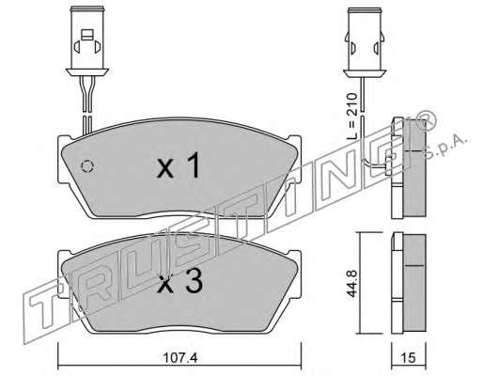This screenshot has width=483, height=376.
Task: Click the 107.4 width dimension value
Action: tap(180, 358)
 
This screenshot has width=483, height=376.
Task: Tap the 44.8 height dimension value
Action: tap(352, 284)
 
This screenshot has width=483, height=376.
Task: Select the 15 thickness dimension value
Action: tap(408, 358)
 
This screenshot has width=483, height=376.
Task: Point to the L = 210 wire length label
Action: tap(352, 116)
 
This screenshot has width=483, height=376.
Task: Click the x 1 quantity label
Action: tap(179, 165)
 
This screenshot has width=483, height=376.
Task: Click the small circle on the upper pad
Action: tap(87, 166)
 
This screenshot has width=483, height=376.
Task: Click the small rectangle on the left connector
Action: tap(87, 35)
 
